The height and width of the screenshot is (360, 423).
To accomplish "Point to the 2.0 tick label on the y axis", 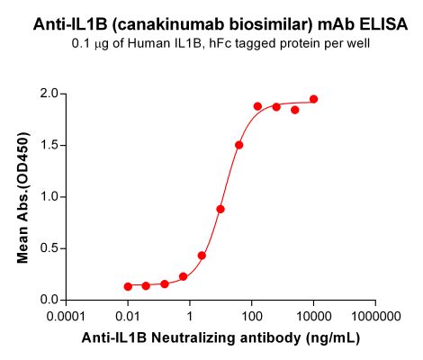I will click(49, 93).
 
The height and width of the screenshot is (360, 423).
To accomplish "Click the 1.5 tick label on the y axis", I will click(49, 144).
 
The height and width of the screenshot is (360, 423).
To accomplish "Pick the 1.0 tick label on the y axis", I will click(49, 196).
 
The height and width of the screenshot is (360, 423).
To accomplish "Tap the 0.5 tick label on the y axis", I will click(49, 248).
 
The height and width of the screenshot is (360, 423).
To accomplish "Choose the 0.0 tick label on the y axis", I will click(49, 300).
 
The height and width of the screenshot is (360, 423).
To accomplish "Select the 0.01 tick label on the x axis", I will click(128, 318).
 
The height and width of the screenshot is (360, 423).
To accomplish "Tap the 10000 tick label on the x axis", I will click(313, 318).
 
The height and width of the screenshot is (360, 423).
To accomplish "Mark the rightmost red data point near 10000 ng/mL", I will click(313, 99).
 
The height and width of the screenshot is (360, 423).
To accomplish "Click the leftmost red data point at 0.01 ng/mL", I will click(129, 286).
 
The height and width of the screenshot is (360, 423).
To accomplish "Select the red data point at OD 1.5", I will click(238, 145).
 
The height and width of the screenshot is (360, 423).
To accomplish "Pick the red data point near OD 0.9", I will click(220, 209).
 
